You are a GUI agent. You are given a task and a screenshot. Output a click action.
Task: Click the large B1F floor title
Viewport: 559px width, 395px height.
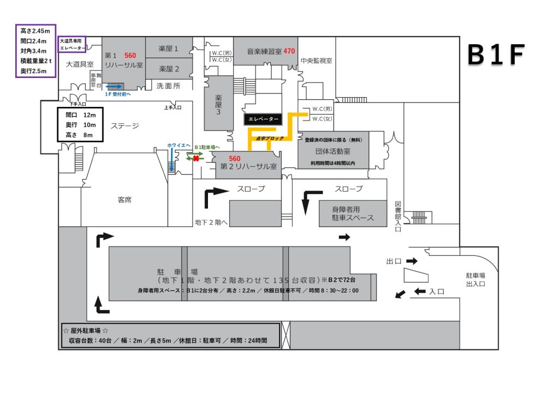[x=496, y=55]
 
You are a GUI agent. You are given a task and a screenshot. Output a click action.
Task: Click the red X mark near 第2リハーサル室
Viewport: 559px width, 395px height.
[x=196, y=159]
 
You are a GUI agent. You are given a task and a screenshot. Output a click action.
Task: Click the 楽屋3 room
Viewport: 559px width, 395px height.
[x=218, y=104]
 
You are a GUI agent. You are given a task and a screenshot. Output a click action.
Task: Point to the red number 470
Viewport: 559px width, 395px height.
[x=289, y=51]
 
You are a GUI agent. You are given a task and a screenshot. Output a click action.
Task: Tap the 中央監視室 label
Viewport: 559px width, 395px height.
[x=317, y=61]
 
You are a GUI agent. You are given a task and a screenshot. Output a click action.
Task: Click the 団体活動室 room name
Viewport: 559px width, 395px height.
[x=333, y=151]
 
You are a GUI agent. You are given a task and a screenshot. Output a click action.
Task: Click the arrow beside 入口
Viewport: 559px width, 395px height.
[x=420, y=291]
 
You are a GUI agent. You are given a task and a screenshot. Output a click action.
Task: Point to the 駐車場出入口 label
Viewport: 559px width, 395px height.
[x=475, y=279]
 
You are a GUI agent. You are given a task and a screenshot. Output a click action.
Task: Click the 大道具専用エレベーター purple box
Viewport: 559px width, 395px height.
[x=72, y=44]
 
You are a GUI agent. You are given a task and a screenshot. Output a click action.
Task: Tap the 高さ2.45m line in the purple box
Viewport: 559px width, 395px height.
[x=35, y=31]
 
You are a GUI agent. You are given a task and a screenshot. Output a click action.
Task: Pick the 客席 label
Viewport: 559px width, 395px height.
[x=124, y=200]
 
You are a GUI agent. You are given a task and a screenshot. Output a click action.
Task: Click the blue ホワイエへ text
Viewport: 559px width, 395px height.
[x=177, y=146]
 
